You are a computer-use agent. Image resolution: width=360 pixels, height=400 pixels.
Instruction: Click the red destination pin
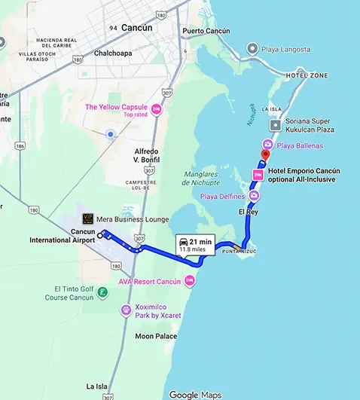(264, 155)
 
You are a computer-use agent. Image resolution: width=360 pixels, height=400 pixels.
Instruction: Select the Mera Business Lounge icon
(88, 219)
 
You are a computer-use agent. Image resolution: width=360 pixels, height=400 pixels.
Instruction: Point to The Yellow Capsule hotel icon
(157, 110)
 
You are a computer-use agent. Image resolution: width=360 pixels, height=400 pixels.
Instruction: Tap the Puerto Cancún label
(206, 32)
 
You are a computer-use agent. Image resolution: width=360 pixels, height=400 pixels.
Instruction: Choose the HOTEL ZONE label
(307, 76)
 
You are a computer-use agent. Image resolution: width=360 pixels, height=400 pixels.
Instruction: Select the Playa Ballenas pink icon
(267, 144)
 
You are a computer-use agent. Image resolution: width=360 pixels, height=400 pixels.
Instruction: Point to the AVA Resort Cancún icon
(190, 282)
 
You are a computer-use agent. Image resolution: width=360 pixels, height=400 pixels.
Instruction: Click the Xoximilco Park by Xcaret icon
(127, 310)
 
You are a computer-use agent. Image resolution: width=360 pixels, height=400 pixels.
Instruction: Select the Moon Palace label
(157, 336)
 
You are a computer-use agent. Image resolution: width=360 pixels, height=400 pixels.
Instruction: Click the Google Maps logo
(195, 395)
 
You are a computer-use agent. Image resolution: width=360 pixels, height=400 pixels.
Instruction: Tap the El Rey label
(248, 212)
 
